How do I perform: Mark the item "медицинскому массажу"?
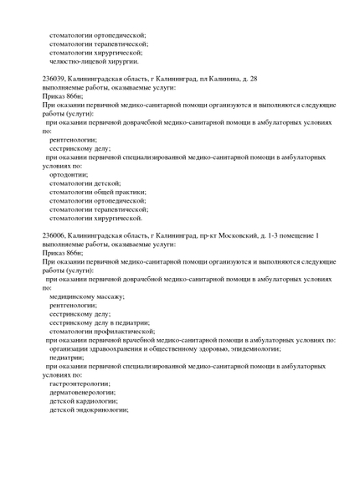point(86,296)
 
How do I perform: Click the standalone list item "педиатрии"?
point(66,357)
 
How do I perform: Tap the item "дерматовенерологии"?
point(82,392)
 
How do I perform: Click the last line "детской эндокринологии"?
point(89,409)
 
